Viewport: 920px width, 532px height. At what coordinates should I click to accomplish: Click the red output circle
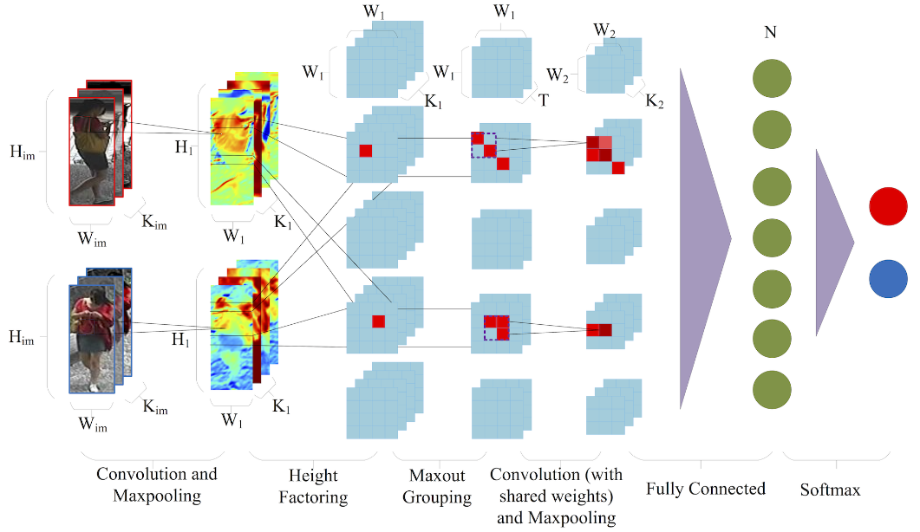887,209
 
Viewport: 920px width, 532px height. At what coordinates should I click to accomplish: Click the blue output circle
887,279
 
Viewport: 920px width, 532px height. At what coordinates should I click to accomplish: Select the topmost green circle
772,78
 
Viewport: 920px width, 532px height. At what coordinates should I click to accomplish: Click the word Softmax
831,490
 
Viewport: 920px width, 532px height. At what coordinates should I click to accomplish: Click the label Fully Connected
706,489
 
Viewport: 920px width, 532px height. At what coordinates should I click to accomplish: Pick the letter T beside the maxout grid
543,101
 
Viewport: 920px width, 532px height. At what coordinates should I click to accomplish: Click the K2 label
655,102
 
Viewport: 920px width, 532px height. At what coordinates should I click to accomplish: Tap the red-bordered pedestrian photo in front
91,151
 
